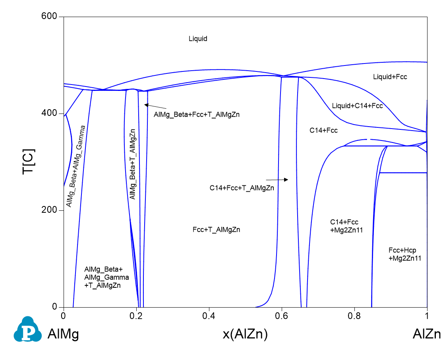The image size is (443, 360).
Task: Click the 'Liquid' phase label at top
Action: click(x=198, y=39)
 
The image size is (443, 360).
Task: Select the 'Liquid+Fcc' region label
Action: click(x=390, y=77)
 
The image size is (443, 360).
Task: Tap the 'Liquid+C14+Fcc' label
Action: click(x=357, y=106)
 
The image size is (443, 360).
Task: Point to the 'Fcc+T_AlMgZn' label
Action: click(x=216, y=229)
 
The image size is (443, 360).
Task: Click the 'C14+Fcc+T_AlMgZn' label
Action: click(x=242, y=188)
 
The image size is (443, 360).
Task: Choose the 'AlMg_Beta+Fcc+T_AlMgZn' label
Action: click(x=197, y=114)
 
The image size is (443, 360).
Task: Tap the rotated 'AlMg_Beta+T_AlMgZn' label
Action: click(x=133, y=164)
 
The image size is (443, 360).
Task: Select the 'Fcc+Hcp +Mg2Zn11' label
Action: click(x=404, y=254)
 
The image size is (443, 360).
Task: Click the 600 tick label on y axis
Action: click(x=50, y=17)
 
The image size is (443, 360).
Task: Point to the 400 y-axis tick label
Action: click(x=50, y=114)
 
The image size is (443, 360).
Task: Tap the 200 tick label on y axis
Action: click(x=50, y=210)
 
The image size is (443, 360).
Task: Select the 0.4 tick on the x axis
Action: click(x=209, y=316)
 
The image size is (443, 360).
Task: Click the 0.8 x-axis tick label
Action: click(x=354, y=316)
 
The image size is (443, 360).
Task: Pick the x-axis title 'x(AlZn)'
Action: click(x=245, y=335)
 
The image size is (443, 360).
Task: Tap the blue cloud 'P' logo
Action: click(x=27, y=330)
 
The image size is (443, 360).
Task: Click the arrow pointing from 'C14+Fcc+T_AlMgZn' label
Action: click(x=277, y=180)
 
